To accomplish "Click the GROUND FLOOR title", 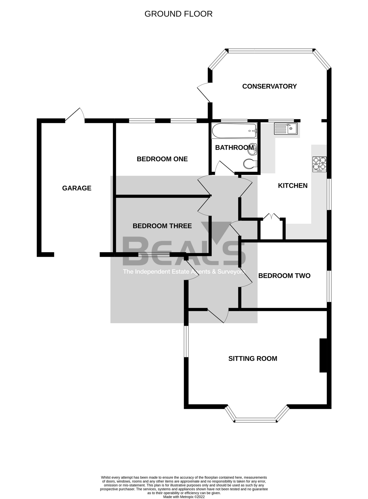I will click(178, 14).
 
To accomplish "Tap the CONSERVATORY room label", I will click(269, 86).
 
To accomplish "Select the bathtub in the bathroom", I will click(234, 131).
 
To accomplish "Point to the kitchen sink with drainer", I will click(286, 129).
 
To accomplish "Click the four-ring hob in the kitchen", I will click(319, 164).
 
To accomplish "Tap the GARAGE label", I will click(77, 188).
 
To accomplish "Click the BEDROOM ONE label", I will click(162, 159).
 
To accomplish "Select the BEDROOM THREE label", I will click(162, 226).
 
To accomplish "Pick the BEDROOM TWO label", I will click(284, 276).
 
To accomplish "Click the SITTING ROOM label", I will click(253, 358).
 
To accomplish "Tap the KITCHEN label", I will click(292, 185).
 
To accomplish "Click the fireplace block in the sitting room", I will click(323, 355).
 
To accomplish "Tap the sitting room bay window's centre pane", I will click(255, 420).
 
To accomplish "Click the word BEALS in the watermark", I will click(184, 251).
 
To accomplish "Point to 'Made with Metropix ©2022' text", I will click(184, 497).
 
